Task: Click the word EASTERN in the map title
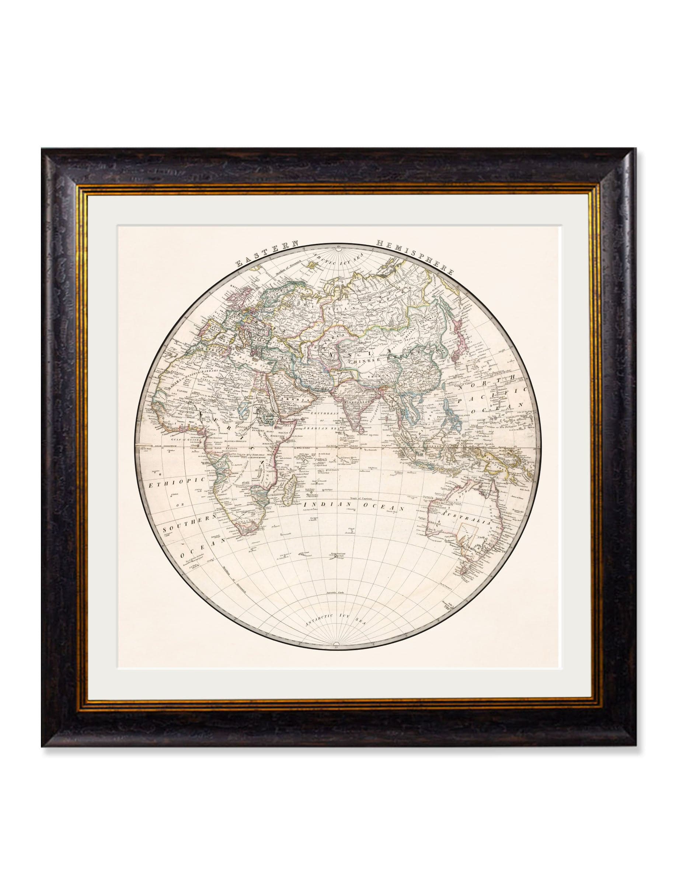click(x=267, y=253)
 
